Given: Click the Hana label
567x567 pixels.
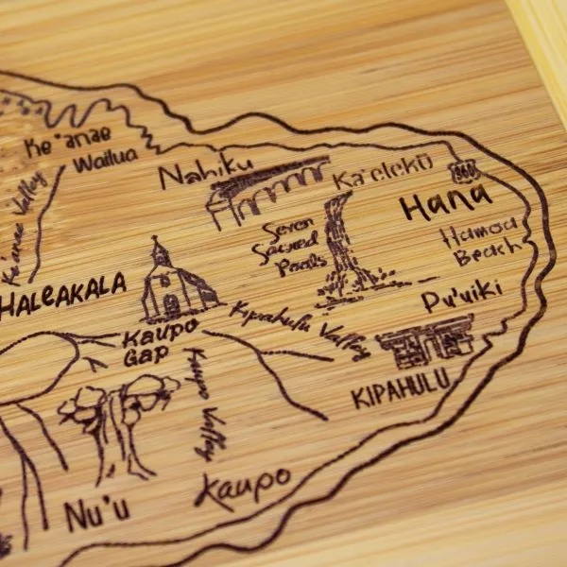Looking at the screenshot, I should [x=445, y=201].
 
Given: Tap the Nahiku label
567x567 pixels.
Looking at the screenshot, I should [x=205, y=173].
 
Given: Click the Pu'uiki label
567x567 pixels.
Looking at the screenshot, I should [x=461, y=300].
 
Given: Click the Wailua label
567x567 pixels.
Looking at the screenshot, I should [x=106, y=157].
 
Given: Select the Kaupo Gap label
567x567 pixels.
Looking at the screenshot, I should [x=157, y=340].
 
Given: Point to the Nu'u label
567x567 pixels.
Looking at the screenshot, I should [x=97, y=514].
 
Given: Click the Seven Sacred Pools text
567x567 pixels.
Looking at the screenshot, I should [x=286, y=248].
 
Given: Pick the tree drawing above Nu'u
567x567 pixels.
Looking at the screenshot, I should [x=118, y=416].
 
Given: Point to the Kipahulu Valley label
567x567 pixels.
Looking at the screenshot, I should [x=299, y=330].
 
